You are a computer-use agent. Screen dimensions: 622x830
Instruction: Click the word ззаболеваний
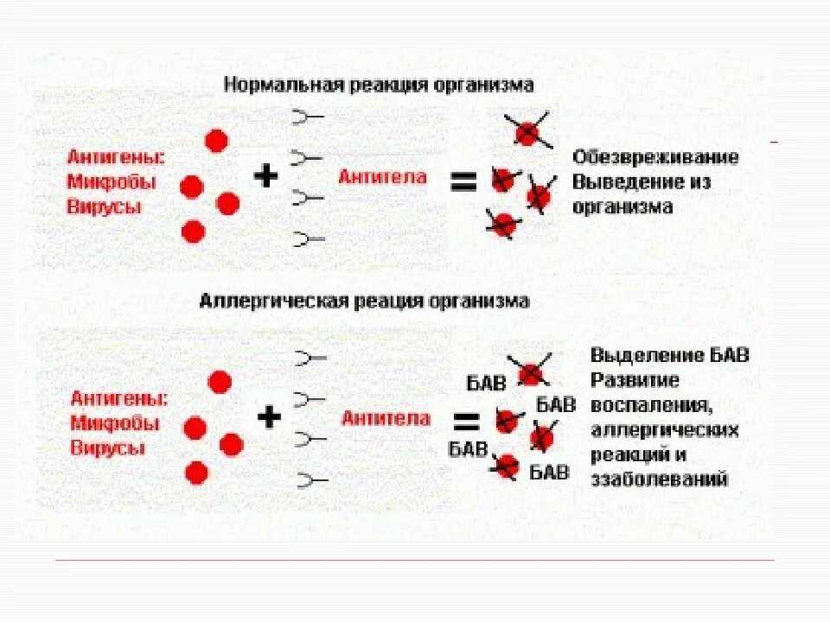(660, 479)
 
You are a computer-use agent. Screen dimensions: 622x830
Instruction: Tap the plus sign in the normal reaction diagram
(266, 176)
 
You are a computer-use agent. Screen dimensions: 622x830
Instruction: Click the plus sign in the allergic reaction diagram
(270, 418)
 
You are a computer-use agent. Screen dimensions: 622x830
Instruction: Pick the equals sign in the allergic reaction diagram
(467, 422)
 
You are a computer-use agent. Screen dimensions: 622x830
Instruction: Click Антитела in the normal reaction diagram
(382, 177)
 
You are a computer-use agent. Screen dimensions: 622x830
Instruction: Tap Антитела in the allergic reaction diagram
(386, 419)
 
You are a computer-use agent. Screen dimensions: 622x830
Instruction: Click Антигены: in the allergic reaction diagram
(119, 399)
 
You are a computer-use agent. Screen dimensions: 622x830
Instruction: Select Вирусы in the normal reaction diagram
(104, 207)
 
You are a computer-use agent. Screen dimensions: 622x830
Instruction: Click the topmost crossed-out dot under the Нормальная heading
(527, 132)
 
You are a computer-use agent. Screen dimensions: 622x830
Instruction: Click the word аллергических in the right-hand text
(665, 429)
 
